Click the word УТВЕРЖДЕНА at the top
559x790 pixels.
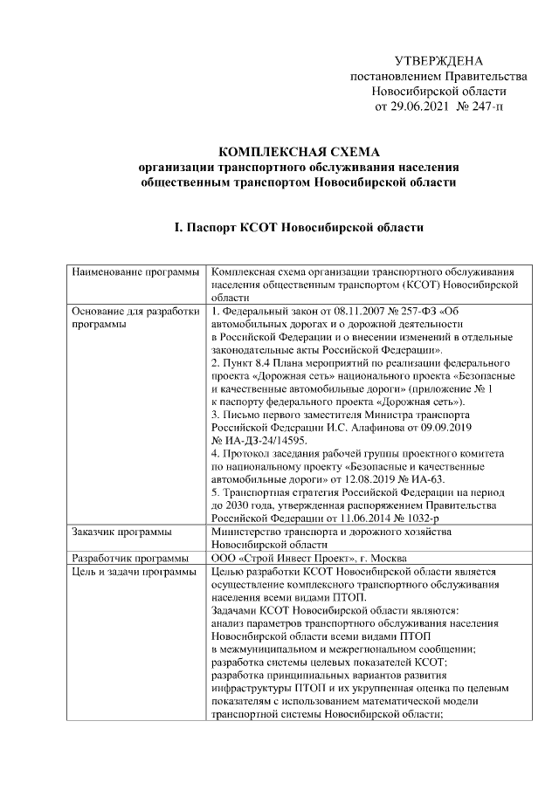click(x=438, y=61)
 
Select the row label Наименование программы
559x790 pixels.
click(x=135, y=272)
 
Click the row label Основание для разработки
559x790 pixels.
click(x=136, y=312)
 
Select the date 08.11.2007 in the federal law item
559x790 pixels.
click(x=343, y=312)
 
